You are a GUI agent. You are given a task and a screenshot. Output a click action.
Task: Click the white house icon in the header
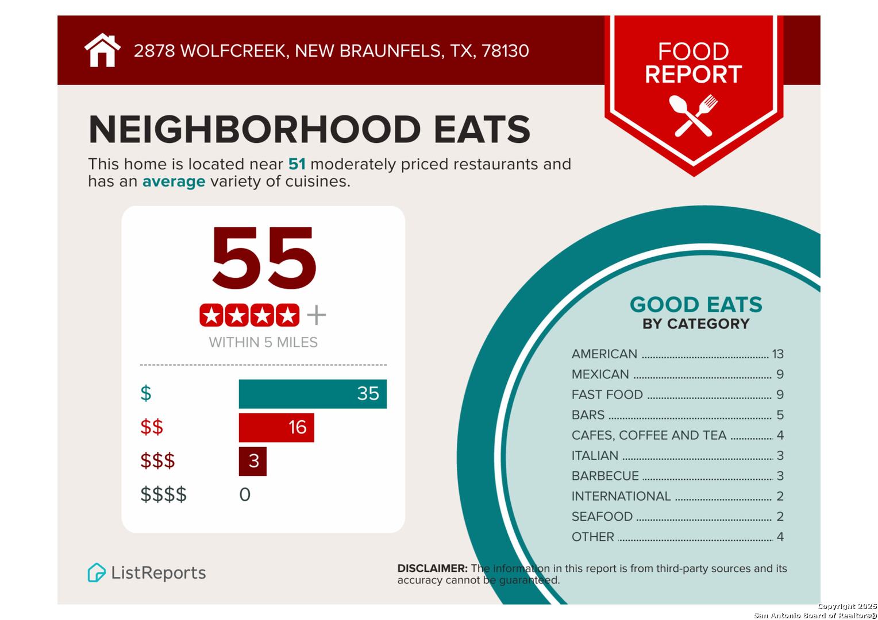(x=102, y=51)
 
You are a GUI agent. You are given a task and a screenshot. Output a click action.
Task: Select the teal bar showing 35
(x=312, y=394)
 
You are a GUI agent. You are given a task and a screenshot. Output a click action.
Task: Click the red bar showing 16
(x=276, y=428)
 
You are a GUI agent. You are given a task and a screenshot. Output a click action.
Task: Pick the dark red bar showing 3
(x=252, y=461)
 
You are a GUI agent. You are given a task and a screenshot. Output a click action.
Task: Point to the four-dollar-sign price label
(x=163, y=494)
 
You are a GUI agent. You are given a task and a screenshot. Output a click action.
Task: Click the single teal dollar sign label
(x=146, y=394)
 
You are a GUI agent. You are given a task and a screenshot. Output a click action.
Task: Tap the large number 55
(x=264, y=259)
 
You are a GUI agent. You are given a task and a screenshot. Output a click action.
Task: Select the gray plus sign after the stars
(x=316, y=315)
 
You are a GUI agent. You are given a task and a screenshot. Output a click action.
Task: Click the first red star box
(x=211, y=315)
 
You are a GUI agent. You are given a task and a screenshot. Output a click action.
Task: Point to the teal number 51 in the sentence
(x=296, y=164)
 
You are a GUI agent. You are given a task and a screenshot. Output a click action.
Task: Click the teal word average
(x=174, y=181)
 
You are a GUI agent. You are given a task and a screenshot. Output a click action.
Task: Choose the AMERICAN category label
(x=604, y=354)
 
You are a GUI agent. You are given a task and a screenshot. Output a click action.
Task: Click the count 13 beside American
(x=777, y=354)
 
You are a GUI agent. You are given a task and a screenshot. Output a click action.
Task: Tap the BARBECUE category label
(x=604, y=476)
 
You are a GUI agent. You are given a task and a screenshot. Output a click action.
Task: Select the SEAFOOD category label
(x=602, y=517)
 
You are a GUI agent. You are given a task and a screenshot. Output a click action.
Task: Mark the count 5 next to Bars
(x=780, y=415)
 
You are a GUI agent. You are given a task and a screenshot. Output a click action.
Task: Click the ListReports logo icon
(x=97, y=572)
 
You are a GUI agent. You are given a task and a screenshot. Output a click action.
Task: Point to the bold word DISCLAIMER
(x=432, y=568)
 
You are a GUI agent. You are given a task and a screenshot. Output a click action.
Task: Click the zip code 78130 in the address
(x=505, y=51)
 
